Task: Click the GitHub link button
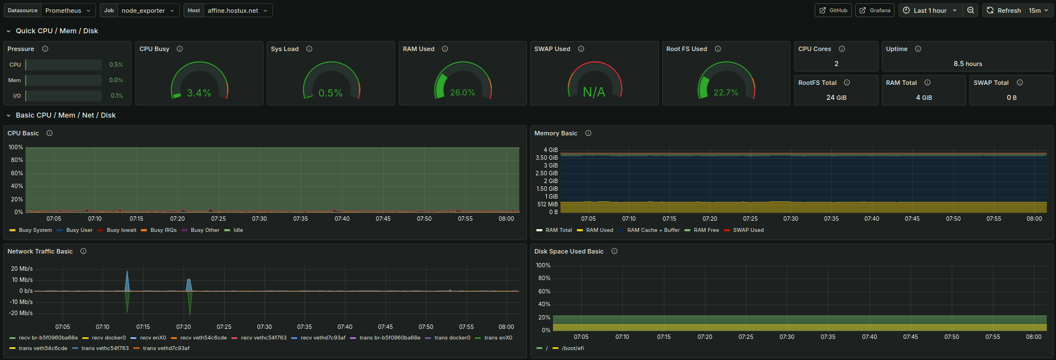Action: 833,11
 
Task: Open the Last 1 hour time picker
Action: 930,11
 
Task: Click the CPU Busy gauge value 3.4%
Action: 199,93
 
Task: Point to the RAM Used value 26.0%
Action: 463,93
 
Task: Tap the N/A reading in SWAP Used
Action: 594,92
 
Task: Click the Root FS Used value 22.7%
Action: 726,93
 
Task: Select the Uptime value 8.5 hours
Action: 968,64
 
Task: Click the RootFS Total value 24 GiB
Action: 836,98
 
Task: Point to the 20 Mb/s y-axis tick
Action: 22,268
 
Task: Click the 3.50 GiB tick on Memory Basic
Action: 547,158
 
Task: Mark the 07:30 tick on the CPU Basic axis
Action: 260,219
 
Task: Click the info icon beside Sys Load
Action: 309,49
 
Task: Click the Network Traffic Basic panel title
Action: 40,251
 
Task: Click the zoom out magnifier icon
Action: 971,11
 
